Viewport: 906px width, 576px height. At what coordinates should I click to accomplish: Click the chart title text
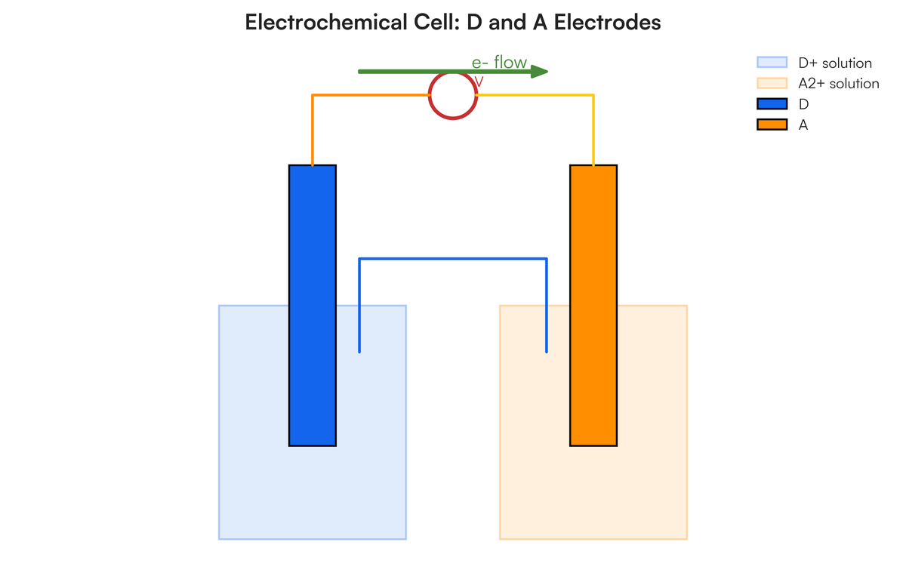pyautogui.click(x=453, y=23)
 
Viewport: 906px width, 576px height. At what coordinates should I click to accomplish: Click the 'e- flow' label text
pyautogui.click(x=499, y=63)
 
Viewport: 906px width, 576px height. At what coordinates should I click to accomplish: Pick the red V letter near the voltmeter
pyautogui.click(x=479, y=81)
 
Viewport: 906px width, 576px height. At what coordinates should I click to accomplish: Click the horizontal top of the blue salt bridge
pyautogui.click(x=453, y=259)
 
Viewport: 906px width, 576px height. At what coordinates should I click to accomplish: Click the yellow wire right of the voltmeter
pyautogui.click(x=536, y=95)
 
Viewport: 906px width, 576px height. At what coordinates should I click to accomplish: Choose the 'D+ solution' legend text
pyautogui.click(x=835, y=63)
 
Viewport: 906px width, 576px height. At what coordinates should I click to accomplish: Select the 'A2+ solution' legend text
pyautogui.click(x=839, y=84)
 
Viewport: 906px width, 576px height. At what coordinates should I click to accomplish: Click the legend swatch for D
pyautogui.click(x=772, y=104)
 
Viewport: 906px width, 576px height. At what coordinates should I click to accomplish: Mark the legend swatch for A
pyautogui.click(x=772, y=125)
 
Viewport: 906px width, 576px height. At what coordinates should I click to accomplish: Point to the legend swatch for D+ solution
pyautogui.click(x=772, y=63)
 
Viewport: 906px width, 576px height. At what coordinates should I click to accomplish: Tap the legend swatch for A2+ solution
pyautogui.click(x=772, y=84)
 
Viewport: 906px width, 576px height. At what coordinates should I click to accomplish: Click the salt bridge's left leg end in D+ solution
pyautogui.click(x=359, y=349)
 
